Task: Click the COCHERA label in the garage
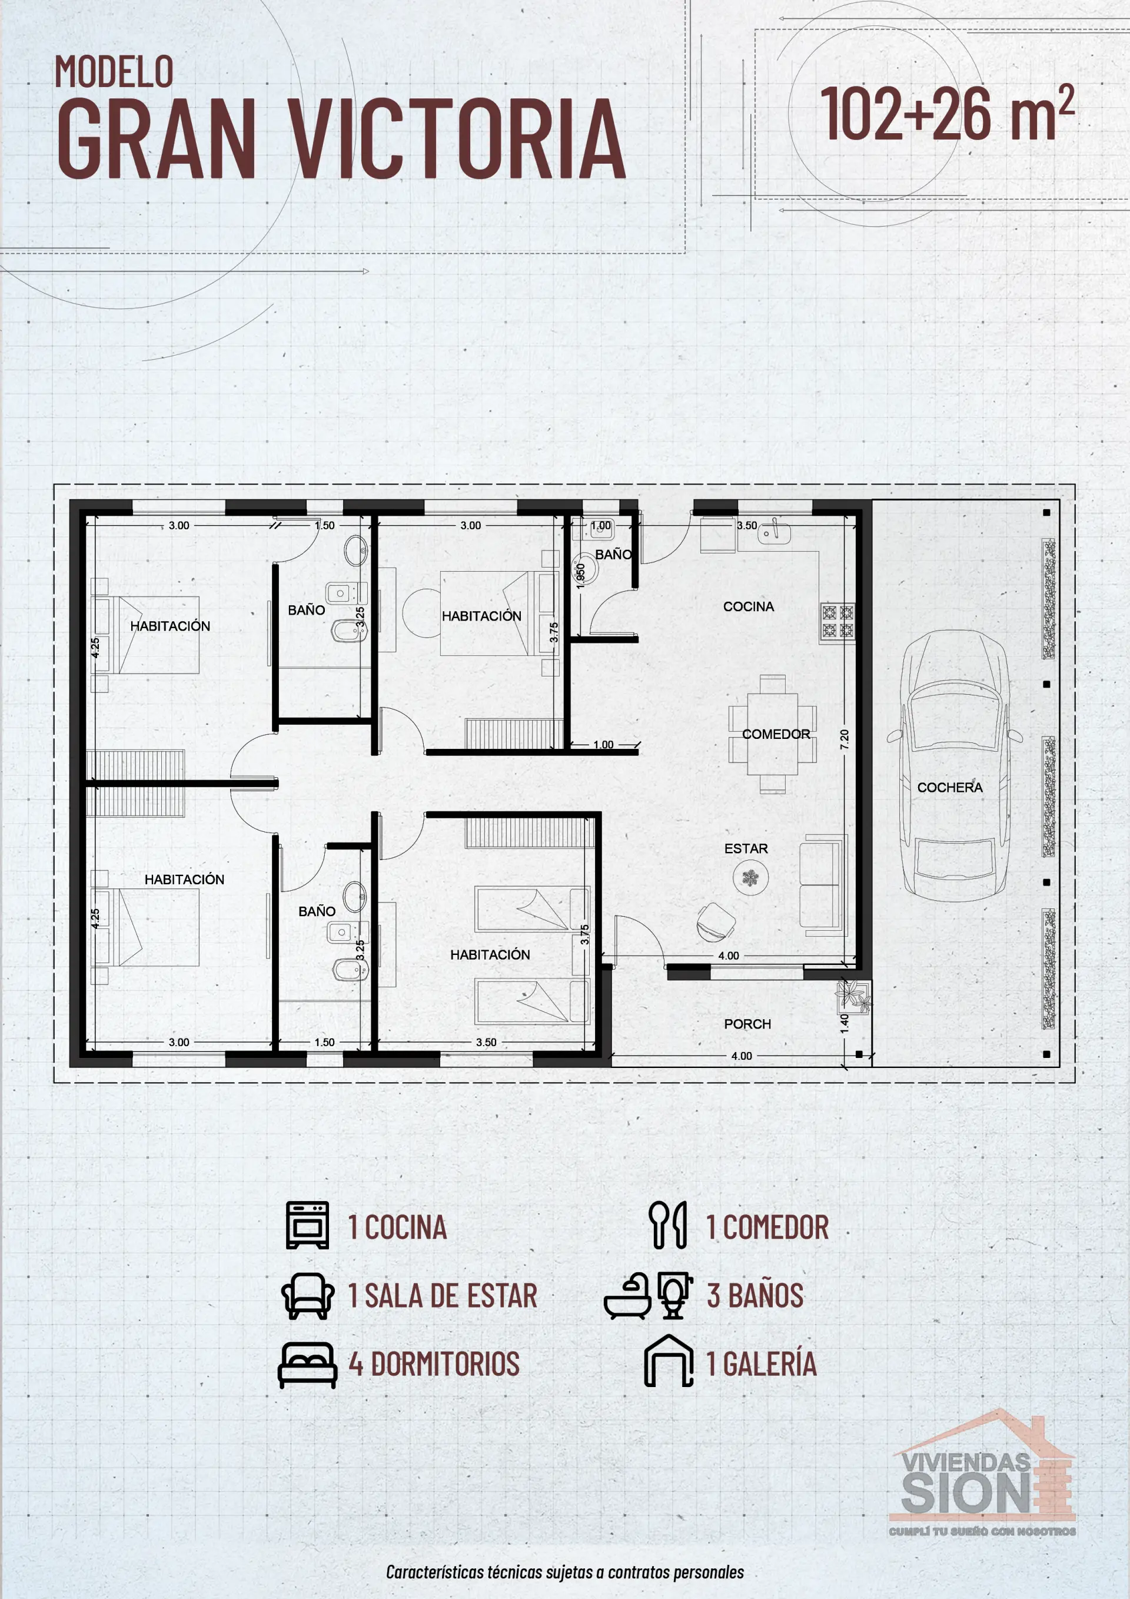(950, 787)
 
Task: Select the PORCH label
(747, 1024)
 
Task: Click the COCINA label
(749, 606)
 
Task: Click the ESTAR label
(746, 848)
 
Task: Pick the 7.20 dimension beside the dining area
(844, 739)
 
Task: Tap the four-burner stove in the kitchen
(837, 622)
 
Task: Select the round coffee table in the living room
(750, 877)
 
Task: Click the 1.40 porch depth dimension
(844, 1023)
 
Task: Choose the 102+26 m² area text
(946, 114)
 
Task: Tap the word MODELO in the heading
(114, 72)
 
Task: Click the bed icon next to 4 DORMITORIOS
(307, 1364)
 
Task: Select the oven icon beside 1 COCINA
(307, 1225)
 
